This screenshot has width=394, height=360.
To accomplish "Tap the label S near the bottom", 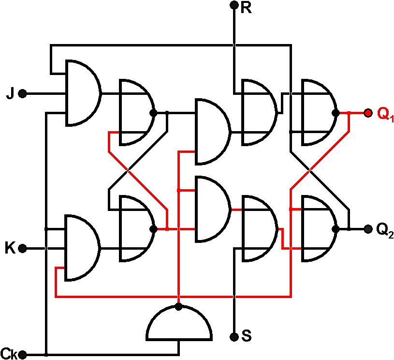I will pyautogui.click(x=246, y=336).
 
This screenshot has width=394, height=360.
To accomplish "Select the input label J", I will pyautogui.click(x=10, y=93).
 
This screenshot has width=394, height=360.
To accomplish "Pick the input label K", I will pyautogui.click(x=10, y=249).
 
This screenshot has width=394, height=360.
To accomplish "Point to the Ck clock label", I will pyautogui.click(x=9, y=354).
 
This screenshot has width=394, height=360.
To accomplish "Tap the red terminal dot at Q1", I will pyautogui.click(x=368, y=113).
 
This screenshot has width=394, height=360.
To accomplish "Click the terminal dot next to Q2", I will pyautogui.click(x=367, y=228).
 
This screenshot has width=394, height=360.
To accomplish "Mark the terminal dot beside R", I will pyautogui.click(x=234, y=5).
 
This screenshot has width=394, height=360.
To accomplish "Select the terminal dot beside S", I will pyautogui.click(x=234, y=336).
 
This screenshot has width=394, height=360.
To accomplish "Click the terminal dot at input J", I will pyautogui.click(x=22, y=93).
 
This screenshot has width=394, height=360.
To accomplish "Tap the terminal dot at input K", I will pyautogui.click(x=22, y=249).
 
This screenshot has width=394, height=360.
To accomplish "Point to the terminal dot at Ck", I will pyautogui.click(x=22, y=355).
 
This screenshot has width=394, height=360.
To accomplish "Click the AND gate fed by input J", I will pyautogui.click(x=81, y=93).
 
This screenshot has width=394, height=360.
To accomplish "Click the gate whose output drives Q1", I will pyautogui.click(x=317, y=113).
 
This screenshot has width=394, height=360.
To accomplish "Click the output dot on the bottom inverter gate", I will pyautogui.click(x=179, y=307).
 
